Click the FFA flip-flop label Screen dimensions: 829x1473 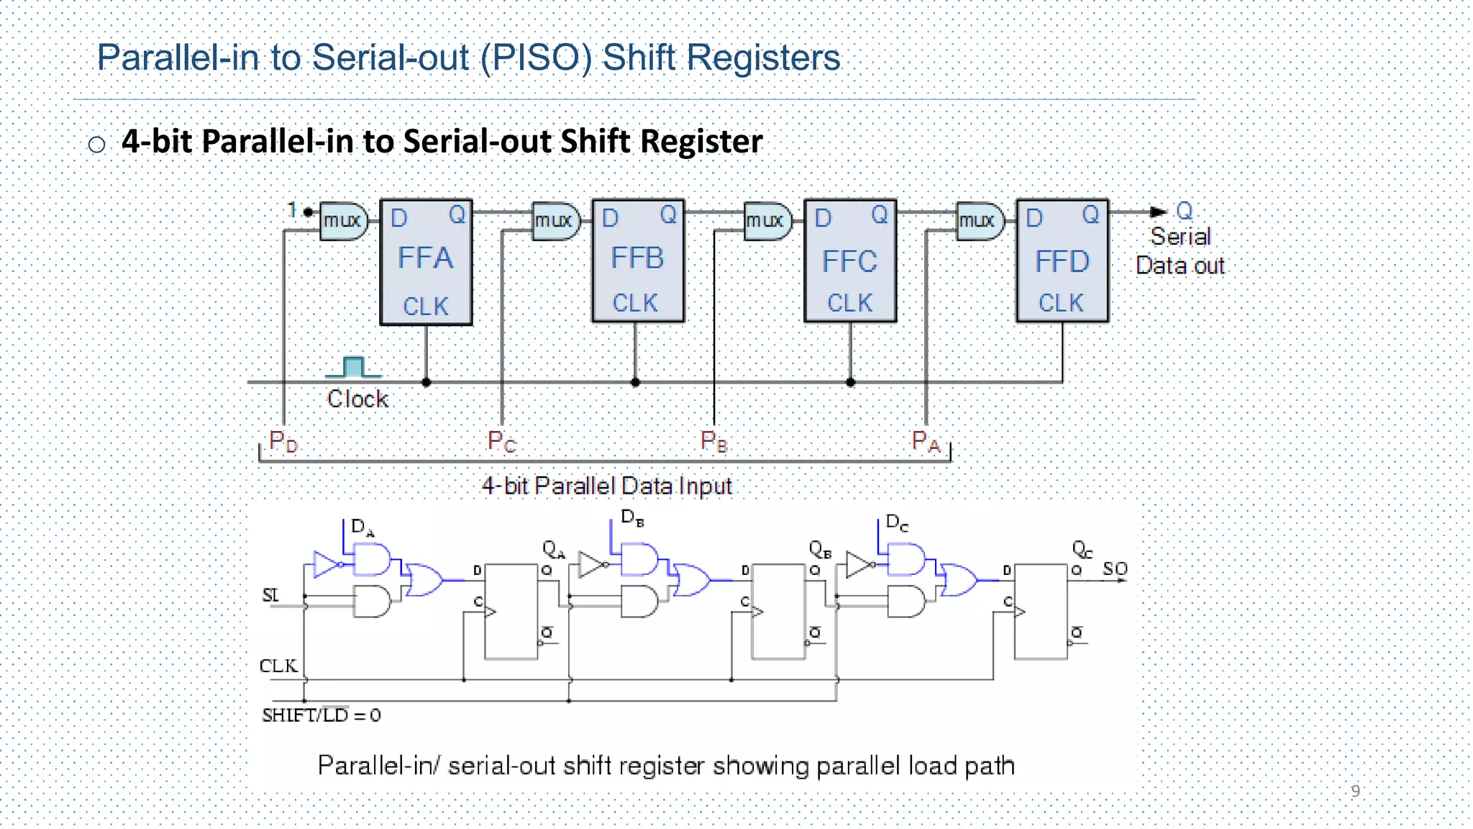pos(425,258)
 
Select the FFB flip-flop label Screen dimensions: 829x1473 pos(637,258)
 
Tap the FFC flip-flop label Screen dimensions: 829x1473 pos(849,261)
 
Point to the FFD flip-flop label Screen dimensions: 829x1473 pos(1062,261)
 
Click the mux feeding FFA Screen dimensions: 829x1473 pos(343,220)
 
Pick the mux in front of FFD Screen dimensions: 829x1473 pos(979,220)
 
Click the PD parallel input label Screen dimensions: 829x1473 pos(283,441)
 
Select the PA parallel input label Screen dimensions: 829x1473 pos(926,441)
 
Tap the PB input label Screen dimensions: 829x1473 pos(713,441)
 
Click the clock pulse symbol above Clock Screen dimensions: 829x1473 pos(353,367)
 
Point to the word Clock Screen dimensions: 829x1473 pos(357,399)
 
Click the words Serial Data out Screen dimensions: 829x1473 pos(1180,251)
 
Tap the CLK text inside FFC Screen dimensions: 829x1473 pos(849,303)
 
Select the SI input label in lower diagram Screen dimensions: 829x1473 pos(270,595)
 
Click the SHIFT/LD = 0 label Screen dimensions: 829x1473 pos(321,715)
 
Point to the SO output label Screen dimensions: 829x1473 pos(1115,568)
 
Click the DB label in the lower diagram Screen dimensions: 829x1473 pos(632,517)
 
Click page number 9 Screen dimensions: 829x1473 pos(1355,791)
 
